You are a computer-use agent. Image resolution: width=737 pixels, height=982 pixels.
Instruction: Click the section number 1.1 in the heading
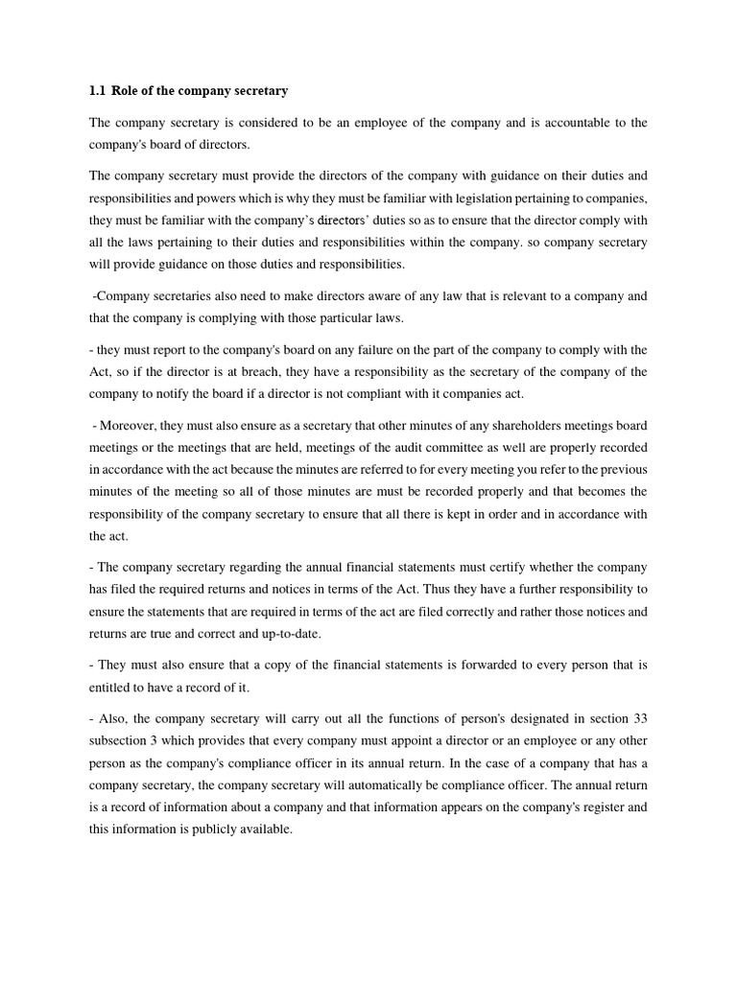pyautogui.click(x=97, y=91)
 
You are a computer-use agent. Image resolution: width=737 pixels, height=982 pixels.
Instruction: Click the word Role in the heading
pyautogui.click(x=126, y=91)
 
